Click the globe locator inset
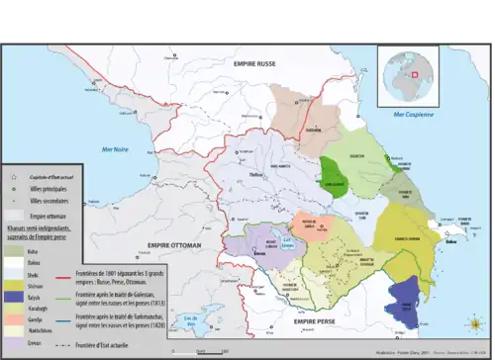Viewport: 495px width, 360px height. tap(408, 73)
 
